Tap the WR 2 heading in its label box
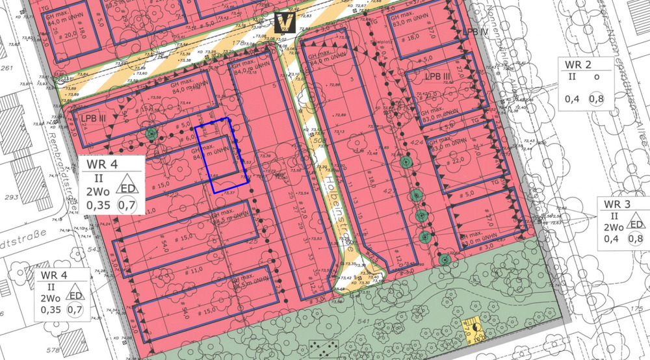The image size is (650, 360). (x=578, y=65)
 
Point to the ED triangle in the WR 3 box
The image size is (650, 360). (x=636, y=225)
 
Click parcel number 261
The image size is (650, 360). (x=8, y=68)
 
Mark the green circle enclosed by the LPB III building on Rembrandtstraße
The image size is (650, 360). (x=151, y=134)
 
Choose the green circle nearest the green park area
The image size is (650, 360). (x=445, y=259)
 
